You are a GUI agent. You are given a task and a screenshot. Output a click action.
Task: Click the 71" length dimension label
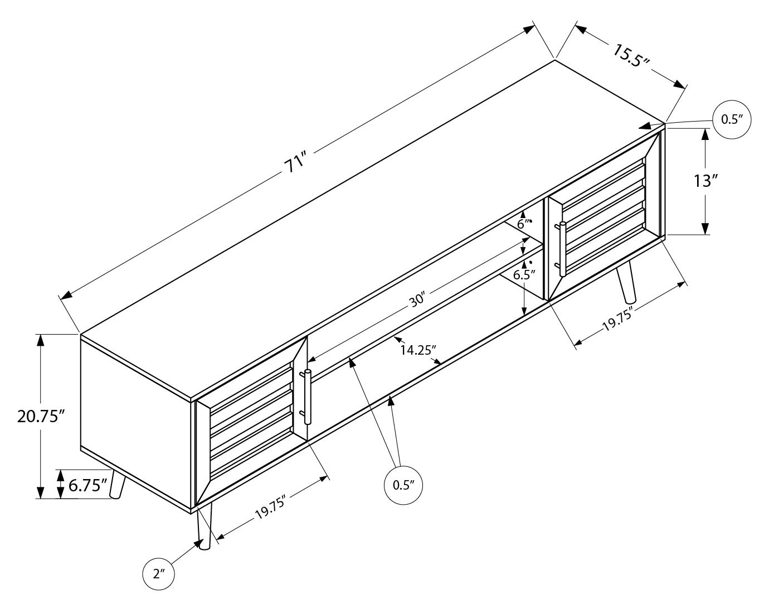pyautogui.click(x=295, y=162)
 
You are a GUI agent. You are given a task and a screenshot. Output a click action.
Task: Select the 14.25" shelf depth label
pyautogui.click(x=418, y=350)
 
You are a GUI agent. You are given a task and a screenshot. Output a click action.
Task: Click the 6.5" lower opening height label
pyautogui.click(x=524, y=274)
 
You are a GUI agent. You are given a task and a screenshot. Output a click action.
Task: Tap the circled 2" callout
pyautogui.click(x=159, y=573)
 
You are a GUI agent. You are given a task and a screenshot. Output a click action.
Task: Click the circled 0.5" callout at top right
pyautogui.click(x=732, y=119)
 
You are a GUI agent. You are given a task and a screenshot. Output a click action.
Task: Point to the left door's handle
pyautogui.click(x=307, y=397)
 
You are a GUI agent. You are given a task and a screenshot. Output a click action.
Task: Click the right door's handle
pyautogui.click(x=563, y=249)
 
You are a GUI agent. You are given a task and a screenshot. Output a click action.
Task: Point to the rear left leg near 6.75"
pyautogui.click(x=118, y=484)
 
